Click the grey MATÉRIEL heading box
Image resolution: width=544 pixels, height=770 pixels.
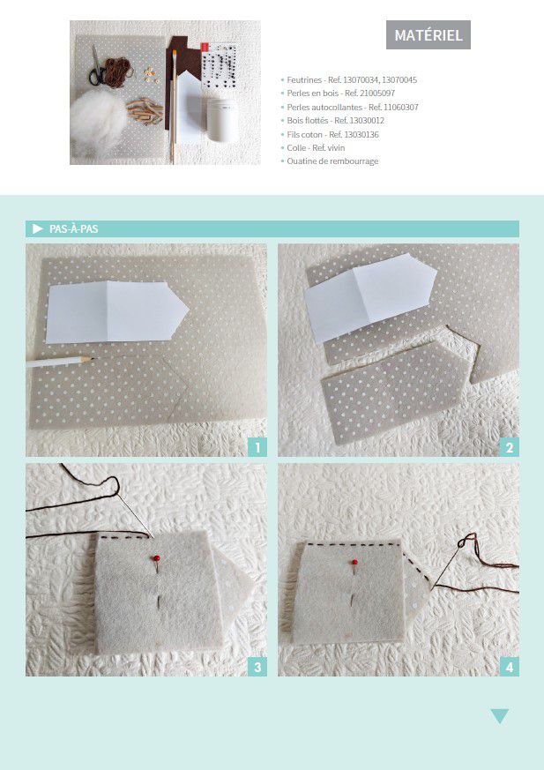click(x=428, y=35)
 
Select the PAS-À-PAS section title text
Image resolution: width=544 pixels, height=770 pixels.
click(x=74, y=228)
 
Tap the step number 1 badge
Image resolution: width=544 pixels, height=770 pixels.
click(x=257, y=447)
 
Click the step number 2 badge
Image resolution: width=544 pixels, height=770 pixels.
click(x=509, y=447)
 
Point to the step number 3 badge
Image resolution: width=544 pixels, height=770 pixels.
click(x=257, y=667)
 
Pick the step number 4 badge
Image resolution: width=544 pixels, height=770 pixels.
click(x=509, y=667)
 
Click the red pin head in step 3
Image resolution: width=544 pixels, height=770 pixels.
click(x=157, y=558)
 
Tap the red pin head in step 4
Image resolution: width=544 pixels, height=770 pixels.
click(x=354, y=562)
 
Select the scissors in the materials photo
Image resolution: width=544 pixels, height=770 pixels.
click(x=97, y=67)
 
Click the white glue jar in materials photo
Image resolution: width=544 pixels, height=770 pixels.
click(x=222, y=120)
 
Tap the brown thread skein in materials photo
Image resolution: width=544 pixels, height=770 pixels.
click(x=118, y=71)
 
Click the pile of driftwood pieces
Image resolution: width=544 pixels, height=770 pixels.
click(x=145, y=110)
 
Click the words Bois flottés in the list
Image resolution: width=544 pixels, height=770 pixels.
click(x=308, y=120)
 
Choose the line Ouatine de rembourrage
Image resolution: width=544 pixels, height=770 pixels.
click(x=332, y=161)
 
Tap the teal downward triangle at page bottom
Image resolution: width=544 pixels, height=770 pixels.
click(x=499, y=716)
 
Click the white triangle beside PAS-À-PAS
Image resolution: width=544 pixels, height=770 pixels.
click(x=38, y=228)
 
